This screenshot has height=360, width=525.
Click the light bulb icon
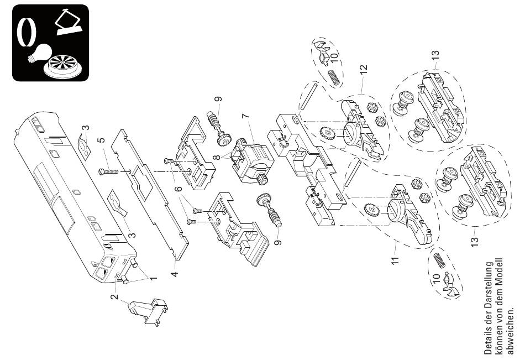click(40, 53)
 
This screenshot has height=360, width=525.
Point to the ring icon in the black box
click(27, 32)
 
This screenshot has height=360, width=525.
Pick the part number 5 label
click(101, 141)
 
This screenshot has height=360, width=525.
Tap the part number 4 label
click(174, 274)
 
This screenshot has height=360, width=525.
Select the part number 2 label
click(115, 296)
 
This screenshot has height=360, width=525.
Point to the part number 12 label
click(364, 69)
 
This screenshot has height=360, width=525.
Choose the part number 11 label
click(396, 260)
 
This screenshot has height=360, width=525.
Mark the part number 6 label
click(179, 189)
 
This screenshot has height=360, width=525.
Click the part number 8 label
click(217, 157)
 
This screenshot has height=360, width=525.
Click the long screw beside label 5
click(109, 171)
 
